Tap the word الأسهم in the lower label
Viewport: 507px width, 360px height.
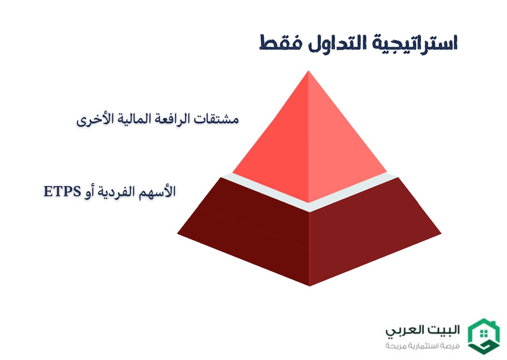(158, 191)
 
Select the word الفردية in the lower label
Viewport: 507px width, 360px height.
(118, 191)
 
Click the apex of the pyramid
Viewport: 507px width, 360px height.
(309, 72)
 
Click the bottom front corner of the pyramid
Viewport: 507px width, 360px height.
(309, 285)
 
